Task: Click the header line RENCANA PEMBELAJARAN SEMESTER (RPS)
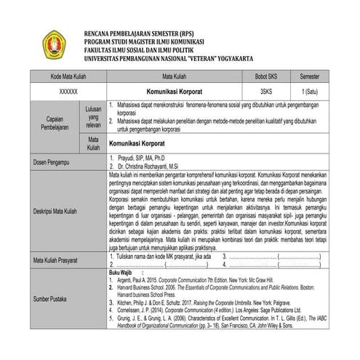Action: tap(140, 34)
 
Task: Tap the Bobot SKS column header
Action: tap(266, 75)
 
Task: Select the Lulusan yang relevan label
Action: tap(93, 115)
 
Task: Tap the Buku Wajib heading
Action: tap(121, 272)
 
